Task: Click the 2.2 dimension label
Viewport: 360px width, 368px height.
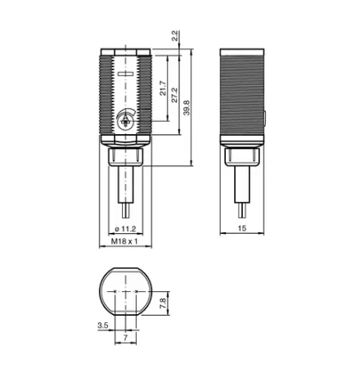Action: [x=175, y=36]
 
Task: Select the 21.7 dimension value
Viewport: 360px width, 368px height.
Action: [x=163, y=88]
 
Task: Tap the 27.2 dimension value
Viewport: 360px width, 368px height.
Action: [x=174, y=95]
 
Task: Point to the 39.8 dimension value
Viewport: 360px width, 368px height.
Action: [x=187, y=108]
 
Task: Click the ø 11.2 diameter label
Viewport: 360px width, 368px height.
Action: [x=125, y=229]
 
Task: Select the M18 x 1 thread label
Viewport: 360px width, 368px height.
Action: [x=124, y=241]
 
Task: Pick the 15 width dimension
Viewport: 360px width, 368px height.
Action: [x=242, y=228]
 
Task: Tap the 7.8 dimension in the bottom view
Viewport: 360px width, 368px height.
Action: [x=163, y=303]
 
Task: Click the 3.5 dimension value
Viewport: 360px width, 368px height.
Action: [x=103, y=325]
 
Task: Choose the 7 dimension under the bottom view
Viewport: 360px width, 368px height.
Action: [x=125, y=338]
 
